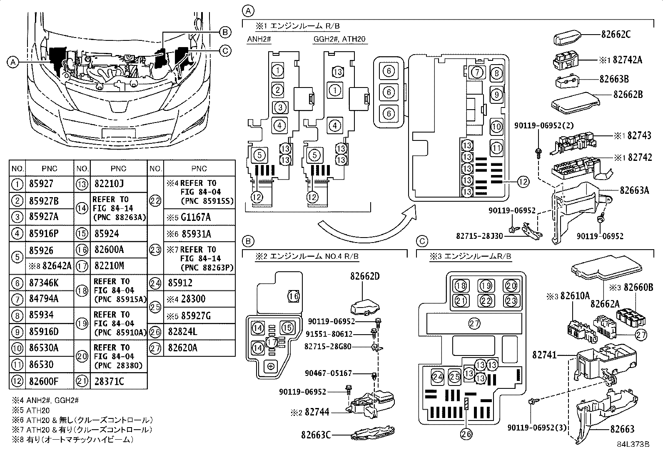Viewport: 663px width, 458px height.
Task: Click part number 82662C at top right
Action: (616, 34)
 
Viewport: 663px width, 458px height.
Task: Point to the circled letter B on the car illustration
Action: (225, 32)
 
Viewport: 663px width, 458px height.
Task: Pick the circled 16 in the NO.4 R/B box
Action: (294, 296)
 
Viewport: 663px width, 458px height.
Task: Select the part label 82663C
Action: (316, 435)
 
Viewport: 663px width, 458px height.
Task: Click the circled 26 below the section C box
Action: (466, 434)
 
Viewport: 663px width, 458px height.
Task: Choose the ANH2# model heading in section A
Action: (259, 39)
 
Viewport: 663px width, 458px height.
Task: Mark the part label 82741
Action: (545, 355)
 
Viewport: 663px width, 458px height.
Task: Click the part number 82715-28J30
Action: (479, 236)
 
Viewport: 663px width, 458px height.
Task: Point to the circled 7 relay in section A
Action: (477, 72)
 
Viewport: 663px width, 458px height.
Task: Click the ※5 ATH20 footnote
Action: (31, 410)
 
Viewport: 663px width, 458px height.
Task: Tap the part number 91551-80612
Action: (329, 334)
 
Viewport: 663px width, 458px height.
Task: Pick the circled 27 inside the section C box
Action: (474, 323)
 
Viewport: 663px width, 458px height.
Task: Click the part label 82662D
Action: (365, 276)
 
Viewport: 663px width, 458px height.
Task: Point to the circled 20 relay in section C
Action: (511, 286)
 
